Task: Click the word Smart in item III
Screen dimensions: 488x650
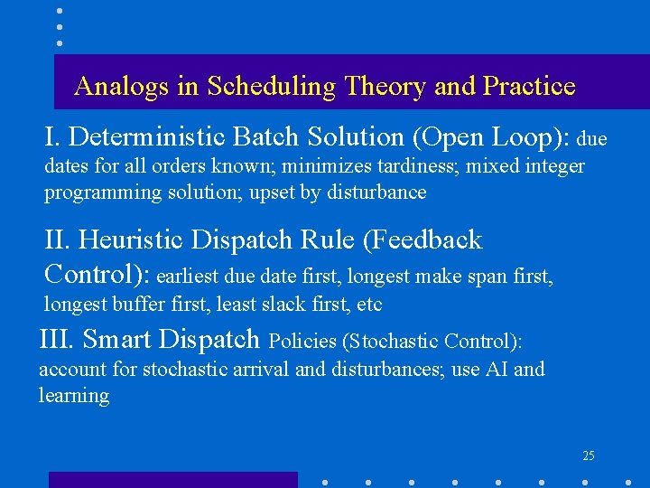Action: point(117,340)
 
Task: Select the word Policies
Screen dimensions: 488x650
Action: point(303,342)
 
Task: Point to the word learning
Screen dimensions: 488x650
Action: point(74,397)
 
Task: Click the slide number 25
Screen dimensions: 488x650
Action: point(589,455)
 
